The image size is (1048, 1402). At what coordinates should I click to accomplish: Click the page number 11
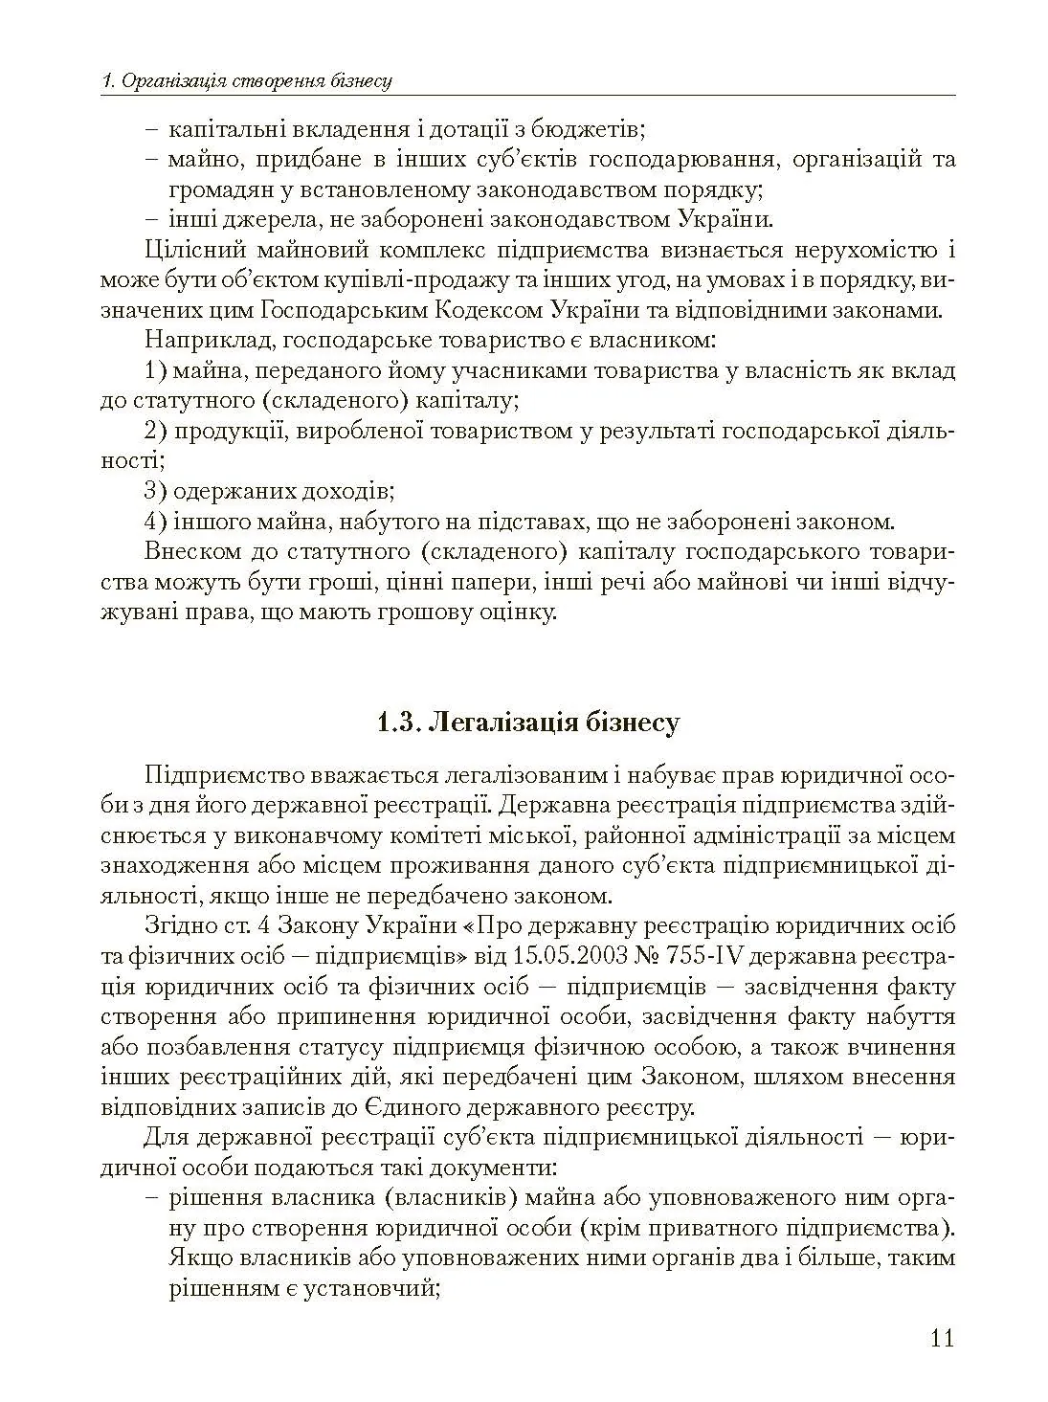click(x=941, y=1337)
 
